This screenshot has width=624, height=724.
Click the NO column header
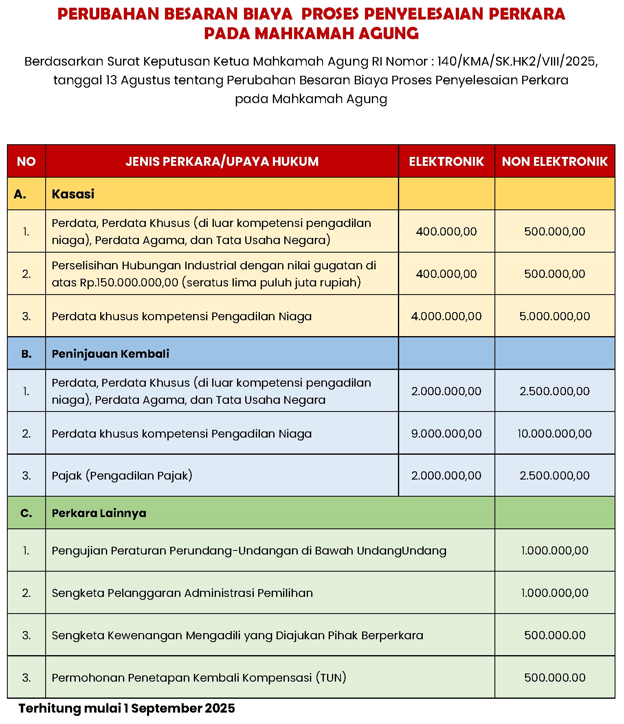26,161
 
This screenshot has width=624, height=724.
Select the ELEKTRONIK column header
446,161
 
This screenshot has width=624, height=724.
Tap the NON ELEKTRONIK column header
554,161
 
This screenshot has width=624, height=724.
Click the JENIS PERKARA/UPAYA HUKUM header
222,161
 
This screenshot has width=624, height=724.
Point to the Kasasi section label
73,194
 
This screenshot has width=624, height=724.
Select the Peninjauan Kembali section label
110,354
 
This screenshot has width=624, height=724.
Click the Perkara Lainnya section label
99,513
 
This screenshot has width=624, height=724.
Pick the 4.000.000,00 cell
446,316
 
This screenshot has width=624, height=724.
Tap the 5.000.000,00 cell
554,316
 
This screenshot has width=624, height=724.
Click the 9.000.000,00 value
446,434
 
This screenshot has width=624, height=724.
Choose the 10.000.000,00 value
554,434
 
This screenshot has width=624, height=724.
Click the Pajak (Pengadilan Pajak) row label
122,475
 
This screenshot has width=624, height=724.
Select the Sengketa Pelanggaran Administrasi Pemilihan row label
182,593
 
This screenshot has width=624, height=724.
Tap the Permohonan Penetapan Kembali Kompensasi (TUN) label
199,678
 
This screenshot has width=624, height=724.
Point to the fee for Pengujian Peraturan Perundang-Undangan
554,551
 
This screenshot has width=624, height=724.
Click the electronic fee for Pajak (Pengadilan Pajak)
446,475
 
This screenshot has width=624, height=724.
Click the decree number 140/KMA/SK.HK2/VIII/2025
516,62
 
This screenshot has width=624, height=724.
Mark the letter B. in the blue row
26,354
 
